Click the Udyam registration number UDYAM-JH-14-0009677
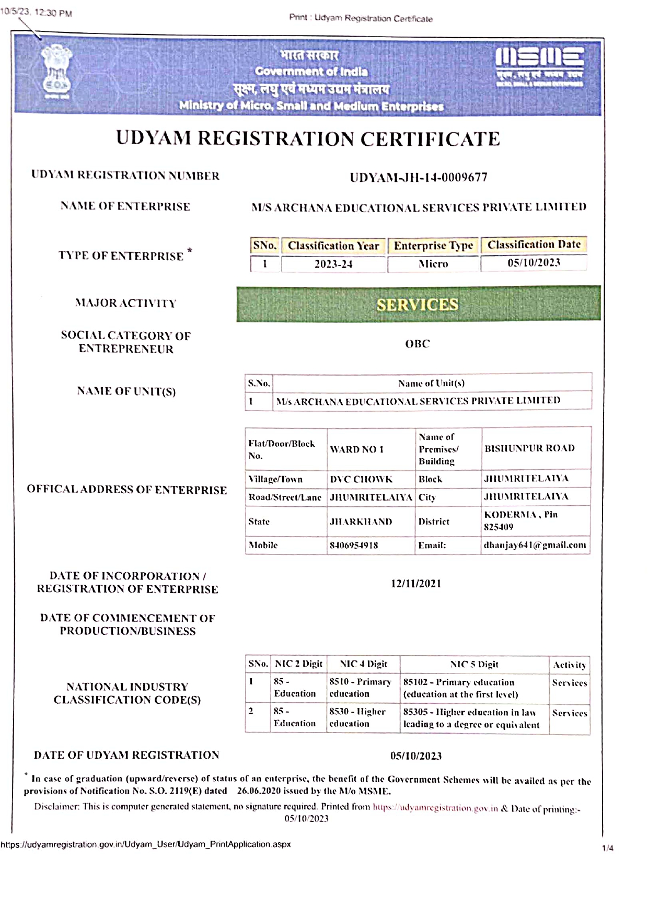tap(418, 178)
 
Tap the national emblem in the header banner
tap(56, 72)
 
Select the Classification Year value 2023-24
tap(333, 264)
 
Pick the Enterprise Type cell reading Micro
tap(433, 264)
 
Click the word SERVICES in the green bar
tap(417, 305)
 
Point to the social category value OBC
tap(417, 344)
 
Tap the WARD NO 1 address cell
tap(357, 449)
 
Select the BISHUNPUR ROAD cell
tap(529, 448)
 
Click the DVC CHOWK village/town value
tap(361, 479)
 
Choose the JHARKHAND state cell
tap(361, 521)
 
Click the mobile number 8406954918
tap(354, 545)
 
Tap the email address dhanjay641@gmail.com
tap(535, 545)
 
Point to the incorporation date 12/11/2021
tap(416, 584)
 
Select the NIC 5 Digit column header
tap(474, 665)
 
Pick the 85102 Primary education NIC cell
tap(460, 688)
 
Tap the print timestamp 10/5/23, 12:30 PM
tap(36, 13)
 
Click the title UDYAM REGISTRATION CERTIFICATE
tap(308, 138)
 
